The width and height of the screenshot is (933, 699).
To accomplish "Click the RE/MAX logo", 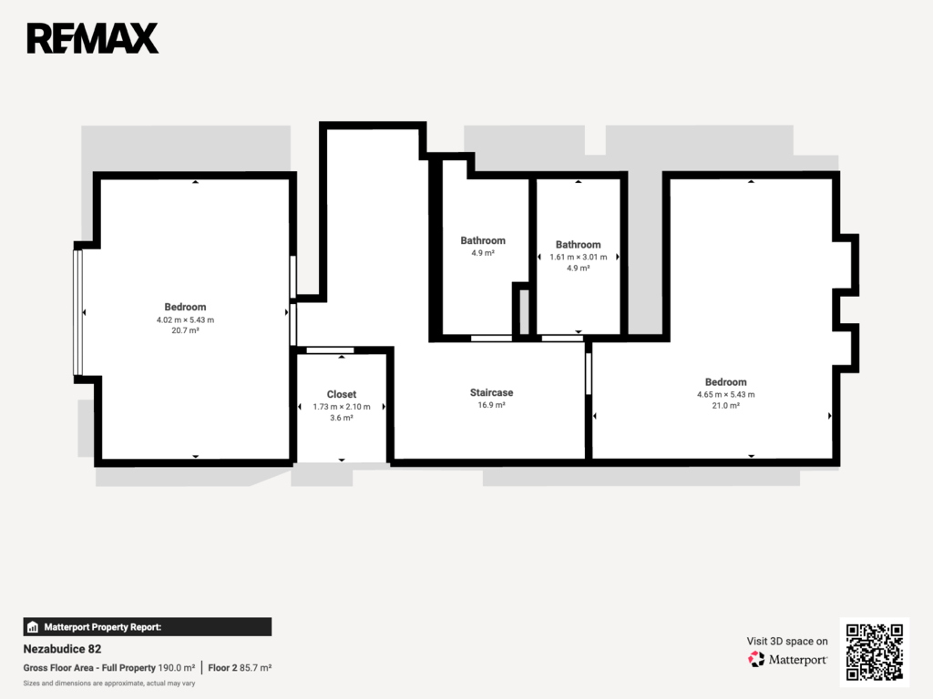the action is click(93, 38).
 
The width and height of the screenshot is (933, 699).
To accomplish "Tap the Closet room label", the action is click(342, 394).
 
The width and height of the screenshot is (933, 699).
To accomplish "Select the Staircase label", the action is click(491, 392).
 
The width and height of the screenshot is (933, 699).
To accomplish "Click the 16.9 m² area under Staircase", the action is click(491, 405).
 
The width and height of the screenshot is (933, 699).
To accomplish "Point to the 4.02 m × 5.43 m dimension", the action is click(185, 319).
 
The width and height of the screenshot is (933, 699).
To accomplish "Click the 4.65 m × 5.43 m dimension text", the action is click(726, 395).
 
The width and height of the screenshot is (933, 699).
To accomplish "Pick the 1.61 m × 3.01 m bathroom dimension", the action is click(579, 258).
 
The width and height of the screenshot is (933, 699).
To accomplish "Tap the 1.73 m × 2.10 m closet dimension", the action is click(342, 407).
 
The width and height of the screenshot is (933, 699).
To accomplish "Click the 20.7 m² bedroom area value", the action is click(185, 330).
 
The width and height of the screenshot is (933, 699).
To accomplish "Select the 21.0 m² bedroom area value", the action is click(726, 406).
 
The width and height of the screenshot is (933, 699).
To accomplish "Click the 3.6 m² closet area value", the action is click(342, 418).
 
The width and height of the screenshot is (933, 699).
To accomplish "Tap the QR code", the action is click(875, 652).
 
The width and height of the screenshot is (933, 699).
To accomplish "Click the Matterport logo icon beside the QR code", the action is click(756, 659).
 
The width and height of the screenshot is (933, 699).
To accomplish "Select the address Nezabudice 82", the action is click(63, 649).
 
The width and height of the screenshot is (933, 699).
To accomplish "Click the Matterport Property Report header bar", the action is click(148, 627).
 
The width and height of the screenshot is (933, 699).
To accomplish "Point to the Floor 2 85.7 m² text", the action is click(240, 668).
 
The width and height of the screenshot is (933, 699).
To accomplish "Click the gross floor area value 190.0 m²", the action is click(177, 668).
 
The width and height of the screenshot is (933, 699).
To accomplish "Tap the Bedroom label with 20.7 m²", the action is click(185, 307).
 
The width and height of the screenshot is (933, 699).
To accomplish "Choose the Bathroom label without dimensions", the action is click(483, 240).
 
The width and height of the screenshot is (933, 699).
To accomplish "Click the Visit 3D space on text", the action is click(787, 642).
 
